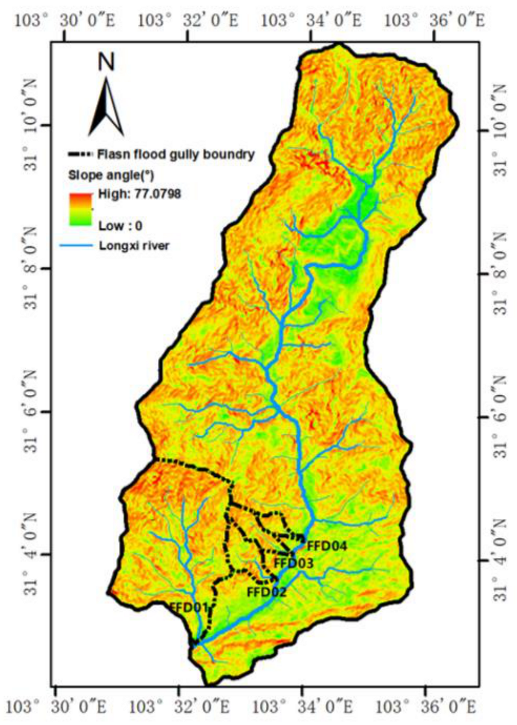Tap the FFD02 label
(266, 592)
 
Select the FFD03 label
(293, 563)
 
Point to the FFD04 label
(327, 546)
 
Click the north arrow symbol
(106, 107)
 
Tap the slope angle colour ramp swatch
(80, 209)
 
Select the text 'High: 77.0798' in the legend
(140, 194)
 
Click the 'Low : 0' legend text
(120, 225)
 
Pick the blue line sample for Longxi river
(76, 246)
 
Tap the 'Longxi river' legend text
(134, 246)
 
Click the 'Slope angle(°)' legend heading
(111, 175)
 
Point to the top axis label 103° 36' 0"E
(435, 20)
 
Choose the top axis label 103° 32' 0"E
(188, 20)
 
